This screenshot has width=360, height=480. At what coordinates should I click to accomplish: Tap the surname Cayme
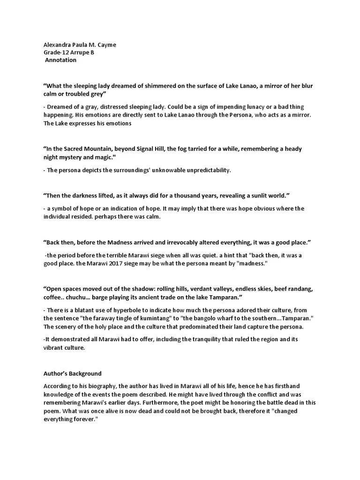tap(106, 45)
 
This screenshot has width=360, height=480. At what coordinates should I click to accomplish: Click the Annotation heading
tap(61, 60)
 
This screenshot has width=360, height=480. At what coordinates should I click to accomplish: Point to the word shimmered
tap(155, 86)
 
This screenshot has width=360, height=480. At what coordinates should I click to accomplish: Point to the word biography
tap(94, 386)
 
